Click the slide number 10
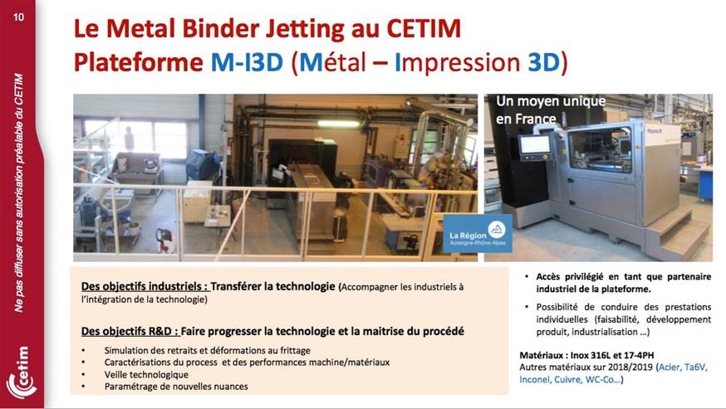coord(18,17)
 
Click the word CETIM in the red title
coord(424,28)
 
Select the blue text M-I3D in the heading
coord(247,62)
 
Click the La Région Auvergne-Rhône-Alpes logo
coord(478,234)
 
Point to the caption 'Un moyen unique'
coord(551,101)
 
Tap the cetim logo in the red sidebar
coord(22,373)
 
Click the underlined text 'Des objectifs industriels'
coord(145,286)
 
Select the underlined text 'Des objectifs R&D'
coord(130,331)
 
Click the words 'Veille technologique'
coord(146,374)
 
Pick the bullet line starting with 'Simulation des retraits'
coord(207,350)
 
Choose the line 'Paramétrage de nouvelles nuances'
coord(176,387)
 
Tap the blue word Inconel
coord(535,379)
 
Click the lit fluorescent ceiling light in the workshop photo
coord(338,124)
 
